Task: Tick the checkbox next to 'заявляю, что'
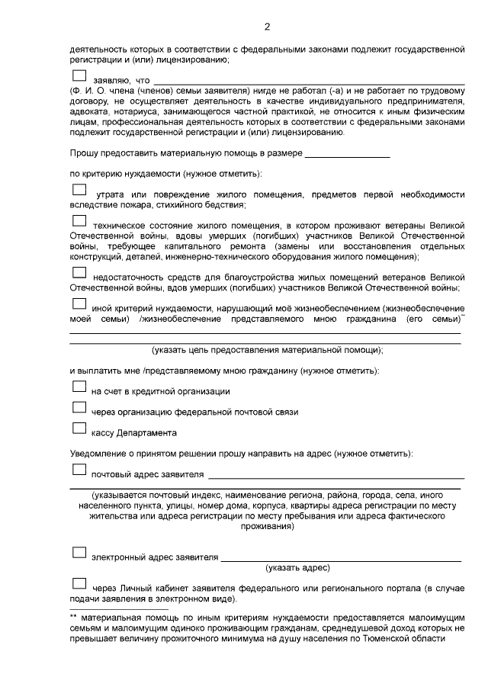79,76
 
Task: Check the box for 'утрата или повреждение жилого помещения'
79,190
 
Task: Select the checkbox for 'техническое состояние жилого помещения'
79,222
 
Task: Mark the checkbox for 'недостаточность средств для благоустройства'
79,274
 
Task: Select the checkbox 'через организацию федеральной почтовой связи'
79,409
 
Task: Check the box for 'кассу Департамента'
79,430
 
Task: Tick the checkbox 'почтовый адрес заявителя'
79,471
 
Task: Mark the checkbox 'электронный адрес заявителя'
79,553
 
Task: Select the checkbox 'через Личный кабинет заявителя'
79,585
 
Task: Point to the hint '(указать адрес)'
297,568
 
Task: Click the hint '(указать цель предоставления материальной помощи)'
267,350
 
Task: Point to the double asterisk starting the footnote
74,616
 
